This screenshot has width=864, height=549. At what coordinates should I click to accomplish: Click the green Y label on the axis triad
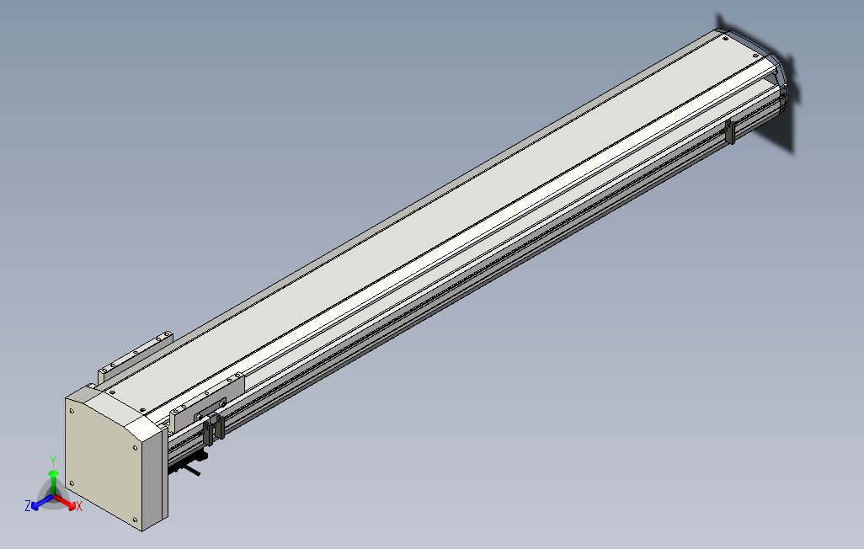[x=52, y=461]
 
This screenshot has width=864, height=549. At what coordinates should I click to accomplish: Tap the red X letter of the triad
[x=78, y=507]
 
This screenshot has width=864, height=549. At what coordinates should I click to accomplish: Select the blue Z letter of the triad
[x=28, y=505]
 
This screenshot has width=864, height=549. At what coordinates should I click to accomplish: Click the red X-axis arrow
[x=67, y=503]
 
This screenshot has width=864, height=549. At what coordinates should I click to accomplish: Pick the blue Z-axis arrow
[x=39, y=503]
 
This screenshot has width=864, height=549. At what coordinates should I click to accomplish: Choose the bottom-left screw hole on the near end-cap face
[x=72, y=482]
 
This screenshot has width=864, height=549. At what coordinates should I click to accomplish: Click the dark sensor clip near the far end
[x=729, y=132]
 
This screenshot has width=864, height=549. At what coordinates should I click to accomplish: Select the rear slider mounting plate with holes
[x=135, y=354]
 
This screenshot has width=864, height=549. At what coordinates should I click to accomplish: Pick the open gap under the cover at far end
[x=771, y=84]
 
